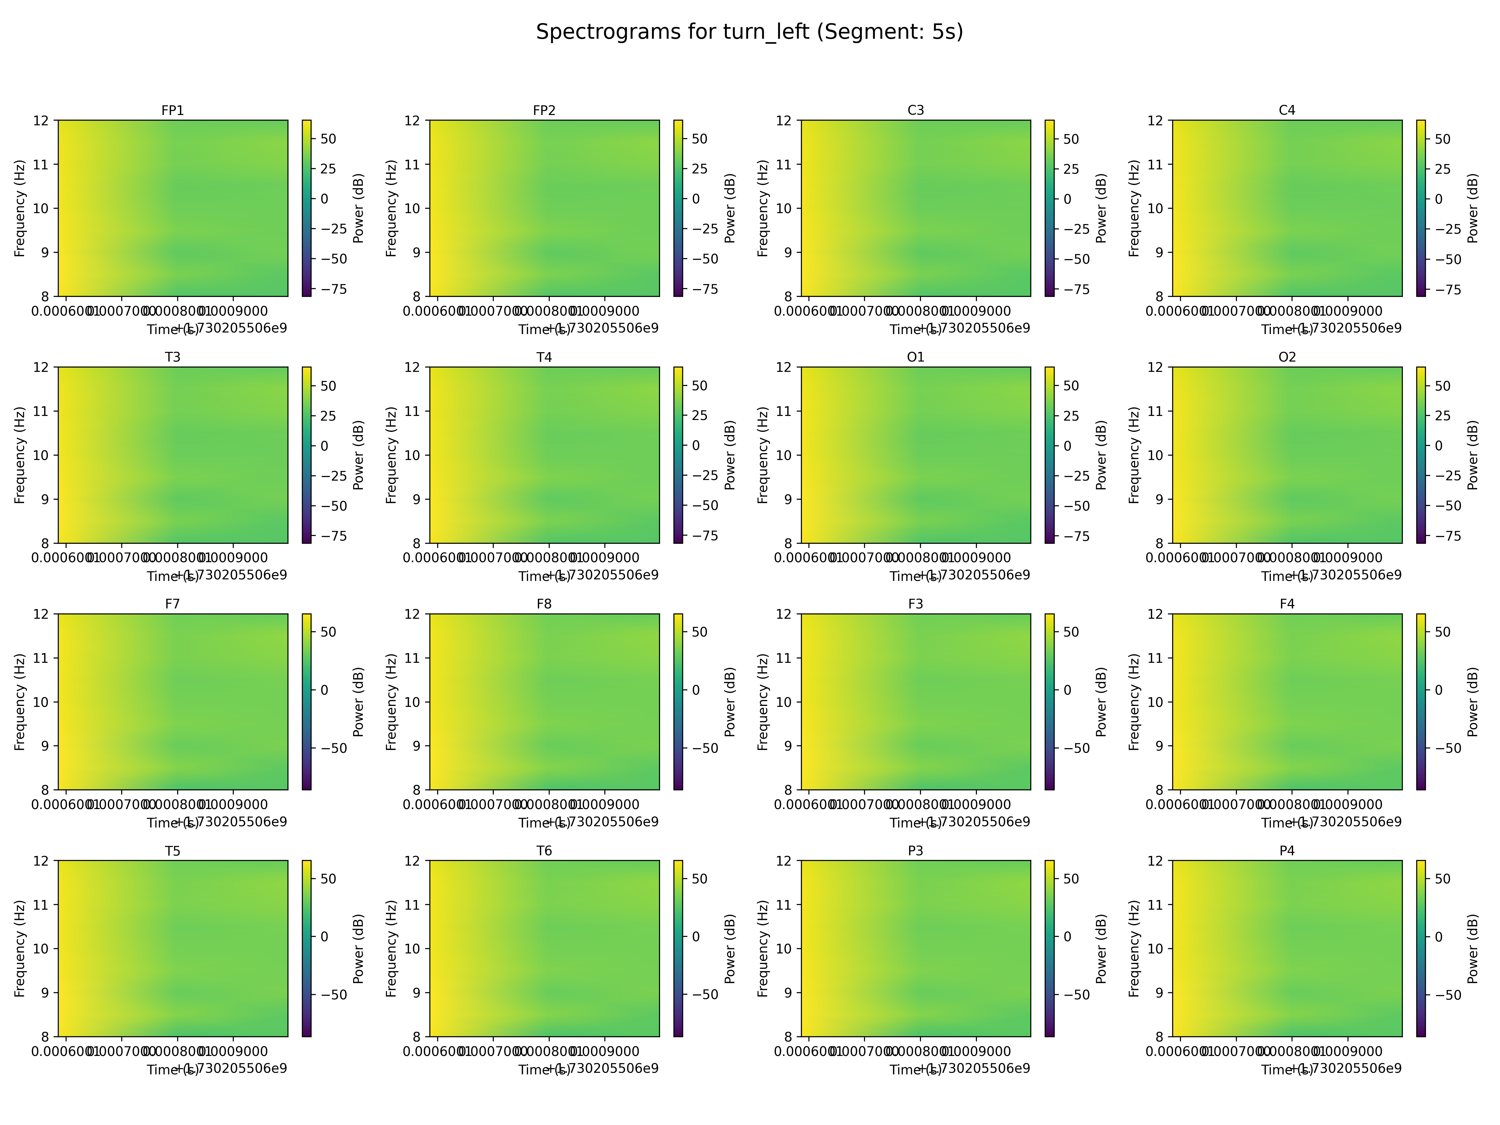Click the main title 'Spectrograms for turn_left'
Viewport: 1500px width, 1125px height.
click(749, 32)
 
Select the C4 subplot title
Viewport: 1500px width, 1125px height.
click(1286, 111)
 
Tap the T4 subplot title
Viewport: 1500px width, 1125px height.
click(544, 357)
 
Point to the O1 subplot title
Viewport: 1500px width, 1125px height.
click(915, 357)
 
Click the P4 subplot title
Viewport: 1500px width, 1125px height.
click(1286, 851)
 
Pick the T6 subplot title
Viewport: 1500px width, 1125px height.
click(544, 851)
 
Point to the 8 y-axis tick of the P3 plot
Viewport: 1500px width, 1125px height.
click(788, 1036)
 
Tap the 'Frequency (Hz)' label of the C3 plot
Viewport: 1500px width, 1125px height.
click(763, 208)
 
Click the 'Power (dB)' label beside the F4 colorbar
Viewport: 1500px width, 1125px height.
click(1473, 702)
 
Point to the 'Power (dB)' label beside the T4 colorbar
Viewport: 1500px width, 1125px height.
click(730, 455)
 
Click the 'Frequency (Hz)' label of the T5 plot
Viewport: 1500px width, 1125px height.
click(20, 949)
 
